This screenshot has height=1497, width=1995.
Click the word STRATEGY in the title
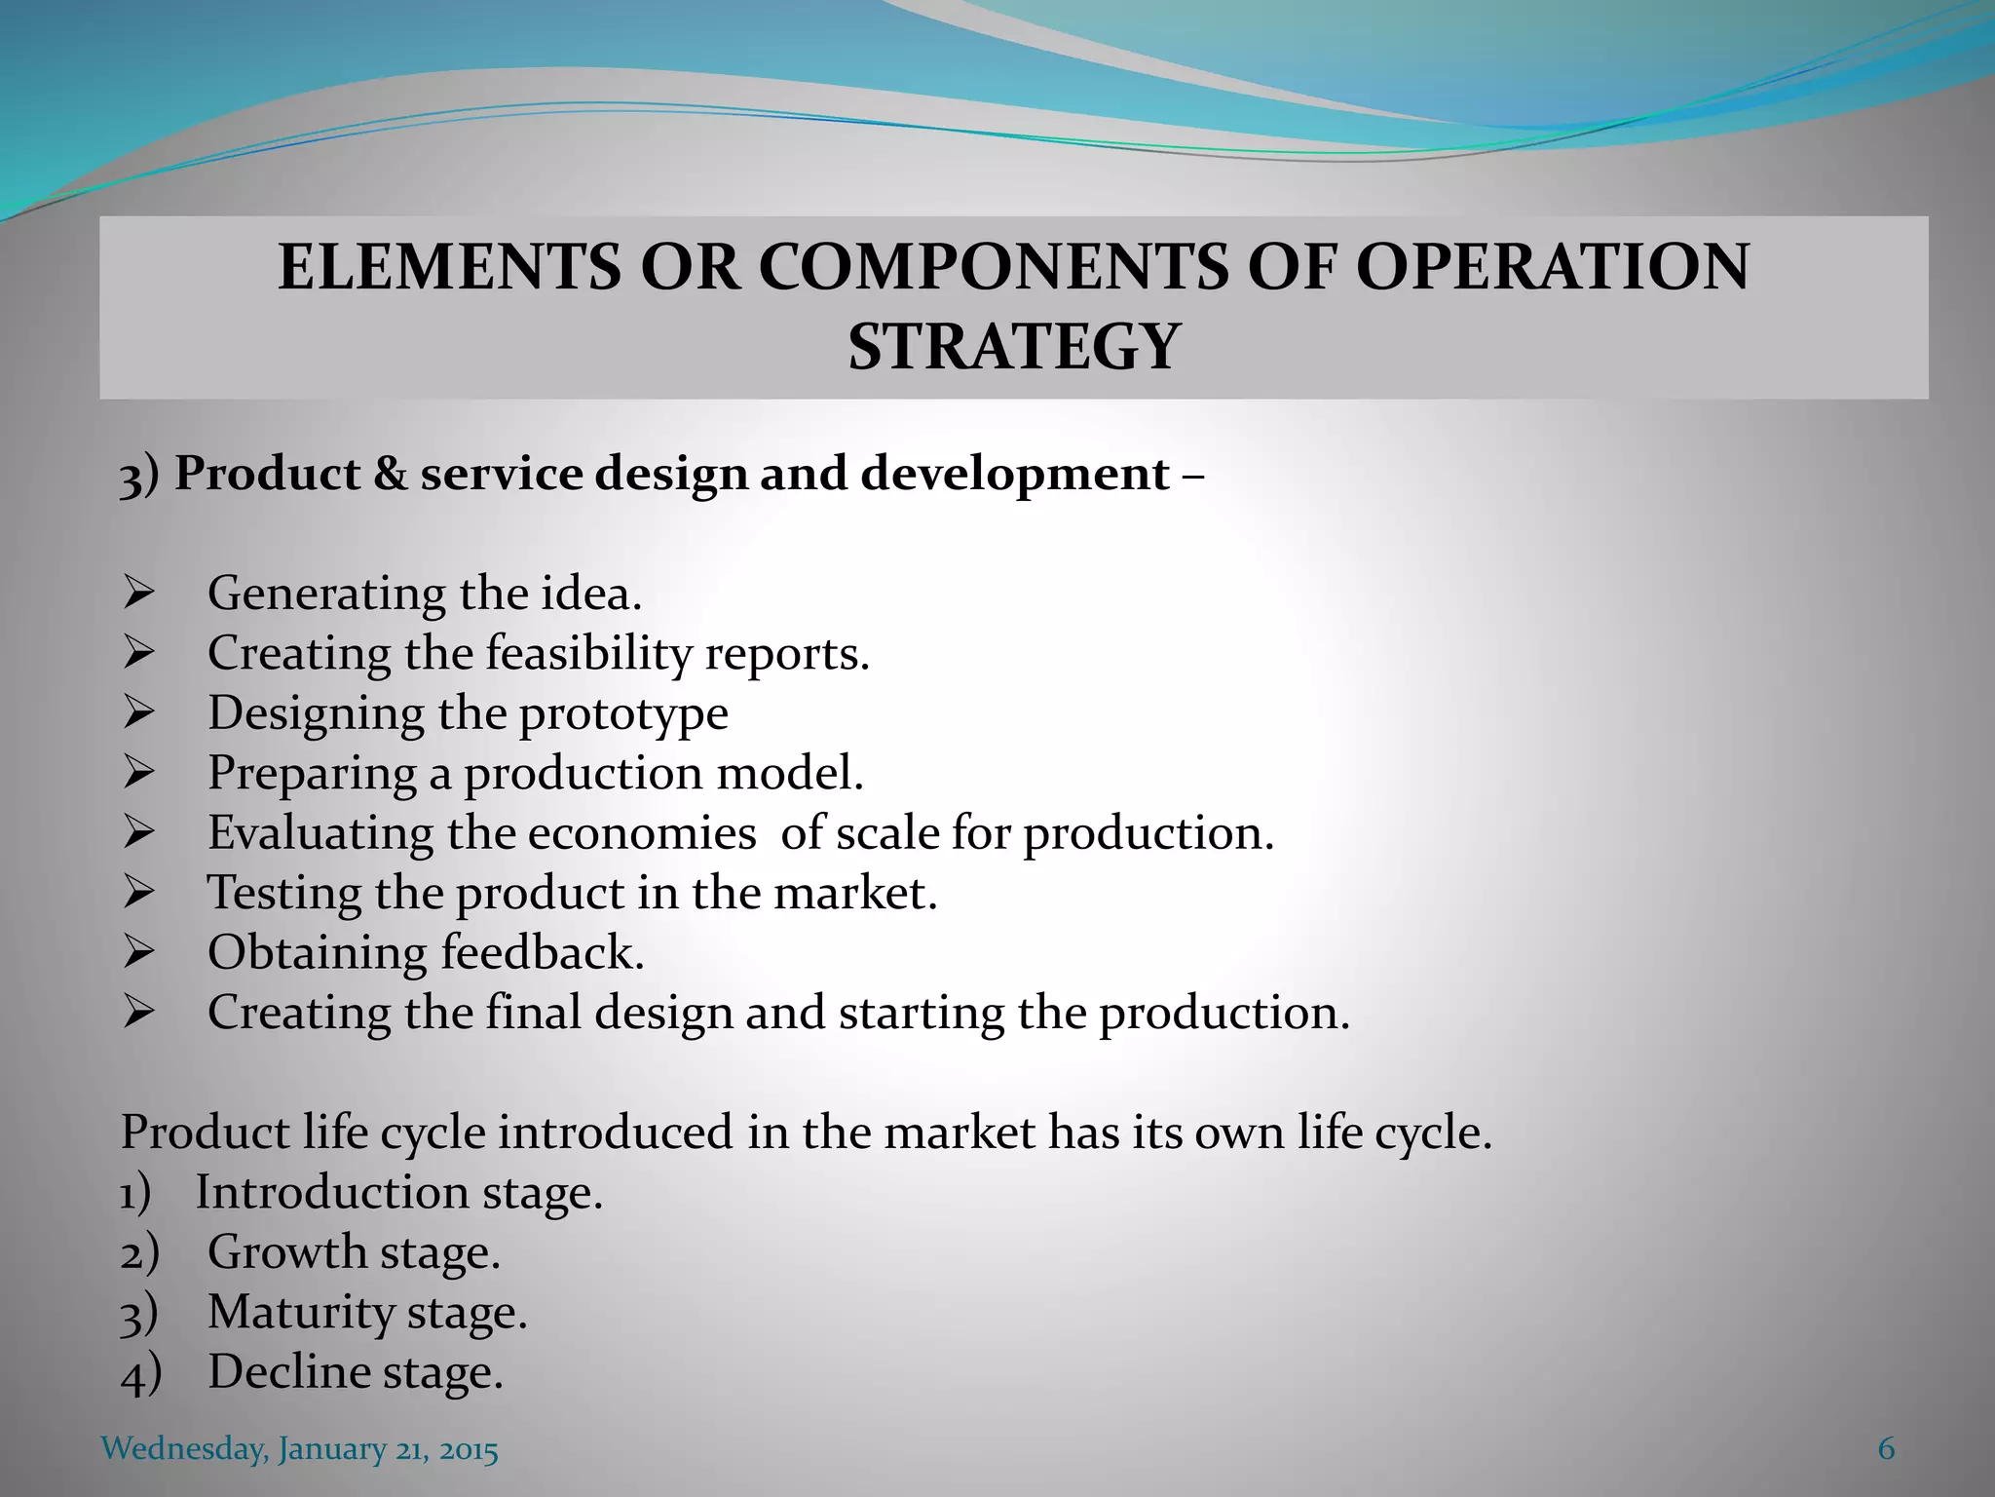coord(1013,347)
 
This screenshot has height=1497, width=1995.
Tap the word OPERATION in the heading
coord(1552,267)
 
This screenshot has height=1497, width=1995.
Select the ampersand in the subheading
coord(390,475)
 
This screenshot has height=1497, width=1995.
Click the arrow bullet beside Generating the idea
coord(139,594)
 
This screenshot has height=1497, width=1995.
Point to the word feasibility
coord(587,654)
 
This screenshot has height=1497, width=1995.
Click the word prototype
coord(623,714)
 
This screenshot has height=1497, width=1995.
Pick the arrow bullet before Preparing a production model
coord(139,774)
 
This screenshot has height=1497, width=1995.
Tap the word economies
coord(642,833)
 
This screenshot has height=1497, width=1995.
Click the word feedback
coord(543,952)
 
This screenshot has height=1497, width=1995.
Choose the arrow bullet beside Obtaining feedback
coord(139,953)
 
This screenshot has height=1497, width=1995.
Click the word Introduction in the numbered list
coord(332,1193)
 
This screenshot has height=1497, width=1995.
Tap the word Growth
coord(286,1252)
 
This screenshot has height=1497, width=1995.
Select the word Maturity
coord(300,1313)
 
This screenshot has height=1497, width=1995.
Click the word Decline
coord(287,1372)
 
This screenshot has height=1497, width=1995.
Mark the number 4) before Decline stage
coord(140,1374)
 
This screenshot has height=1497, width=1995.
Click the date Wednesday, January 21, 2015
coord(300,1449)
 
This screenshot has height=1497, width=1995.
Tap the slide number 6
coord(1886,1449)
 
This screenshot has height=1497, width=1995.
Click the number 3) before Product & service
coord(138,477)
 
